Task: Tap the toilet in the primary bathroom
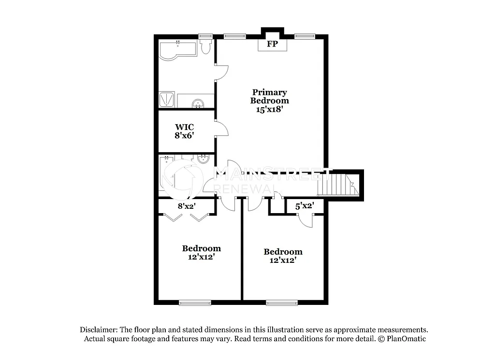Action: [205, 46]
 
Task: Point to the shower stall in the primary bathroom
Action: [167, 100]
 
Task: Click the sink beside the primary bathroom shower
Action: [198, 102]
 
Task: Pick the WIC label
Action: [184, 128]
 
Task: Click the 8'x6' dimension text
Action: [184, 136]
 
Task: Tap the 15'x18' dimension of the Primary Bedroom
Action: [269, 109]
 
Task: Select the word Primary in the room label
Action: [269, 92]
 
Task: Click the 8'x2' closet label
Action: [187, 206]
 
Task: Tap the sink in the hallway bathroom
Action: [203, 158]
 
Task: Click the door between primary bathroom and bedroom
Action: [222, 72]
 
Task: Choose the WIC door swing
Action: [221, 130]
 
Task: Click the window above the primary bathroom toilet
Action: [205, 36]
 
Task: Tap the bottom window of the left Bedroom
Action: [195, 303]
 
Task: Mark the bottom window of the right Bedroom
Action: [282, 303]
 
